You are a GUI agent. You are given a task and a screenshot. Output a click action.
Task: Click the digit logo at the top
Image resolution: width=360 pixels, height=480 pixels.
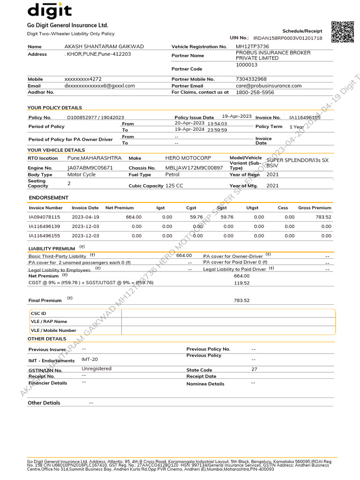[50, 10]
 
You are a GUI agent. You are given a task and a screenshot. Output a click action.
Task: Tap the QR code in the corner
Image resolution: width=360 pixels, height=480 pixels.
[342, 32]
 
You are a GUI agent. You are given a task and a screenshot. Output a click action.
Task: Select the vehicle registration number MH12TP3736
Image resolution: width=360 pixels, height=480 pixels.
[252, 47]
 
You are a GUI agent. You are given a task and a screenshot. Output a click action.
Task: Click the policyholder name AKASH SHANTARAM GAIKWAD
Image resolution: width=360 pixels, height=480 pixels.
[104, 47]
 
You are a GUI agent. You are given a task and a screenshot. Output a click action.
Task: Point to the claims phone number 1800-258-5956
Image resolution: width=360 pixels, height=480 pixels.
[255, 93]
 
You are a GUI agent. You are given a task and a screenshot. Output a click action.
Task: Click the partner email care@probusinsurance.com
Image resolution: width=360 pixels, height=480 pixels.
[269, 86]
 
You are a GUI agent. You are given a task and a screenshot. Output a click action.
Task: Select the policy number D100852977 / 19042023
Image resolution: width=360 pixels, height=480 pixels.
[96, 118]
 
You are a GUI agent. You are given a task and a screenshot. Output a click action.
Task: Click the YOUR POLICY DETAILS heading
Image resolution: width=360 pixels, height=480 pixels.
[54, 108]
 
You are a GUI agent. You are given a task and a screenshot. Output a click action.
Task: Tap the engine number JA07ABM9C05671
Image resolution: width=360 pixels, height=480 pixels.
[90, 168]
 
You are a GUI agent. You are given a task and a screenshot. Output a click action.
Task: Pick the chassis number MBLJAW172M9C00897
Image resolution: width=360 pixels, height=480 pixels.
[194, 168]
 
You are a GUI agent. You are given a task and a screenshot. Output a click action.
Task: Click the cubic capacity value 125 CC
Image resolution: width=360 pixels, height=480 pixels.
[174, 186]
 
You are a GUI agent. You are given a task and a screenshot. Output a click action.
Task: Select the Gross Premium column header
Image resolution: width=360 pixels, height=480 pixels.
[315, 208]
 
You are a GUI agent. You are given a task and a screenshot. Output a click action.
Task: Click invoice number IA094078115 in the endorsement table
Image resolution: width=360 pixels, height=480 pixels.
[45, 217]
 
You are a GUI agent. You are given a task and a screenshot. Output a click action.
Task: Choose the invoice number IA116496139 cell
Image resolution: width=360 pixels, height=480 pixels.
[45, 226]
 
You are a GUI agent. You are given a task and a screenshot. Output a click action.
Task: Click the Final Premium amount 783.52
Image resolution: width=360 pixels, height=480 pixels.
[242, 300]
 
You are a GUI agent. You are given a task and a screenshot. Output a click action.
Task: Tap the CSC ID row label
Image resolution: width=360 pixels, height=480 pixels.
[38, 314]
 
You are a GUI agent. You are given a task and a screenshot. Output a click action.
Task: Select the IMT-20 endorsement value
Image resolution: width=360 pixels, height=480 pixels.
[90, 359]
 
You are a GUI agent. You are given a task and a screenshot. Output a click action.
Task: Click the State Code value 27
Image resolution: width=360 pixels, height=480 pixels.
[255, 369]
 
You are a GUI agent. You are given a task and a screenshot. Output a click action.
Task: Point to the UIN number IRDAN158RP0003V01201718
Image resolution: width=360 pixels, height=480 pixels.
[288, 38]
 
